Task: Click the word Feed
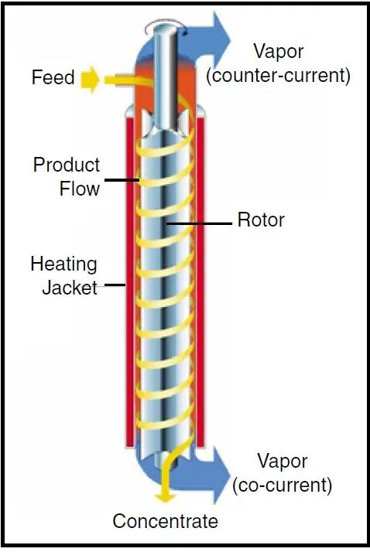53,77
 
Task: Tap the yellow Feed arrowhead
90,79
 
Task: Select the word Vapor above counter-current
279,52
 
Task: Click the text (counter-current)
279,75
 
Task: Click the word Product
67,165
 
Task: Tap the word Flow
80,189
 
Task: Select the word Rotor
261,220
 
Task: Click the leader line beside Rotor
199,223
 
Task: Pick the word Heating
63,264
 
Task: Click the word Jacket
70,288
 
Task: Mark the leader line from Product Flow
122,180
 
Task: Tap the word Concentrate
166,520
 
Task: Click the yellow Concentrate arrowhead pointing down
166,496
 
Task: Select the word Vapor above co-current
283,462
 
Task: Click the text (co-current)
283,485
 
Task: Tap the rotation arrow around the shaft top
166,24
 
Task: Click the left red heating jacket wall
130,281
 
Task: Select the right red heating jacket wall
200,281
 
